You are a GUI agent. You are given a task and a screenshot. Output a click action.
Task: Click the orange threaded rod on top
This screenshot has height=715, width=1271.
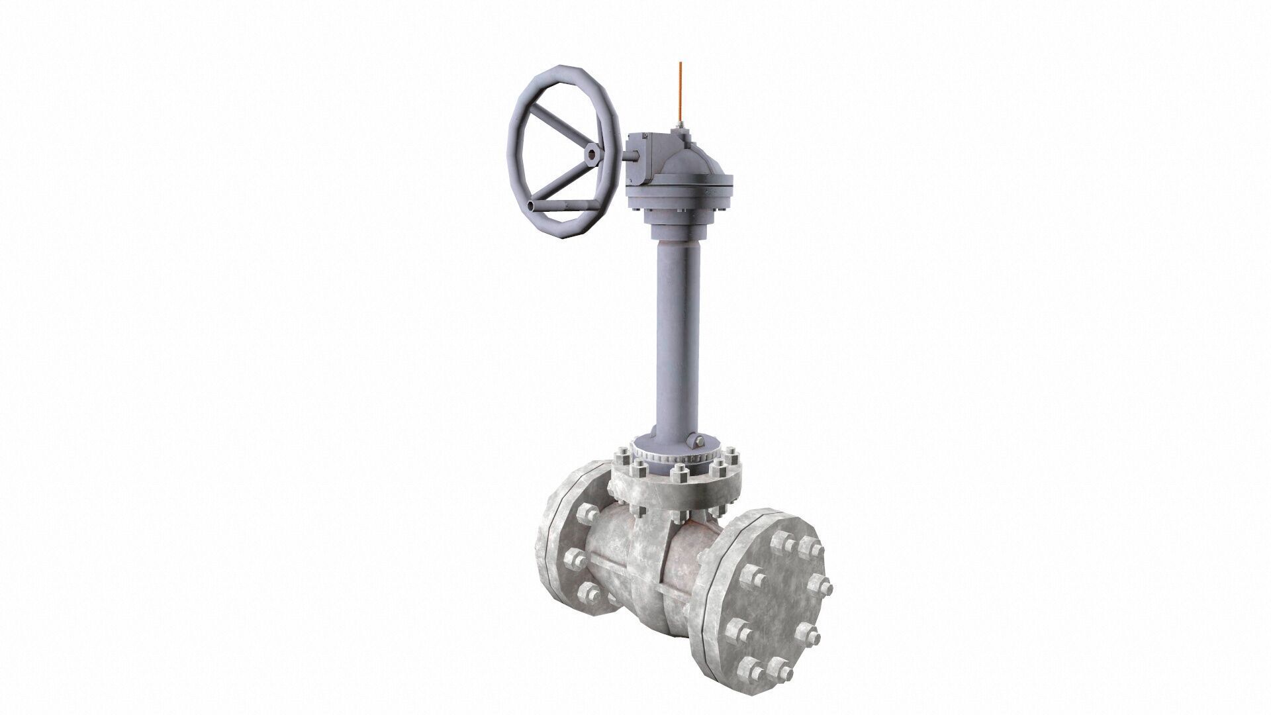(679, 93)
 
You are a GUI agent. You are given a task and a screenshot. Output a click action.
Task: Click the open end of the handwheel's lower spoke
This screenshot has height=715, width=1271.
(534, 207)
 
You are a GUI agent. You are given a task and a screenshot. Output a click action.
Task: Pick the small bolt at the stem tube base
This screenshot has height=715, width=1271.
(696, 442)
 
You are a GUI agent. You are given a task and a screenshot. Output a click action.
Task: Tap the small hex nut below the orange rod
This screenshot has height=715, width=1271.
(679, 127)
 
